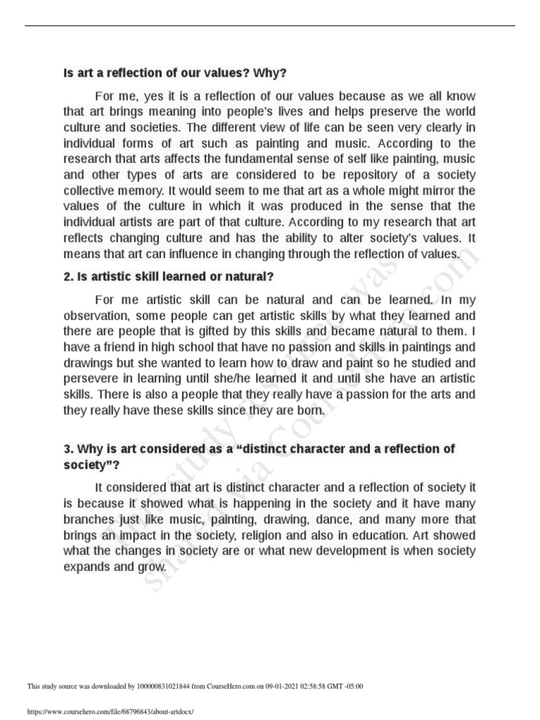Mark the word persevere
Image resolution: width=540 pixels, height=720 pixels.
coord(91,378)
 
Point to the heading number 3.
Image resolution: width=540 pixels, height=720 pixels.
coord(67,449)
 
